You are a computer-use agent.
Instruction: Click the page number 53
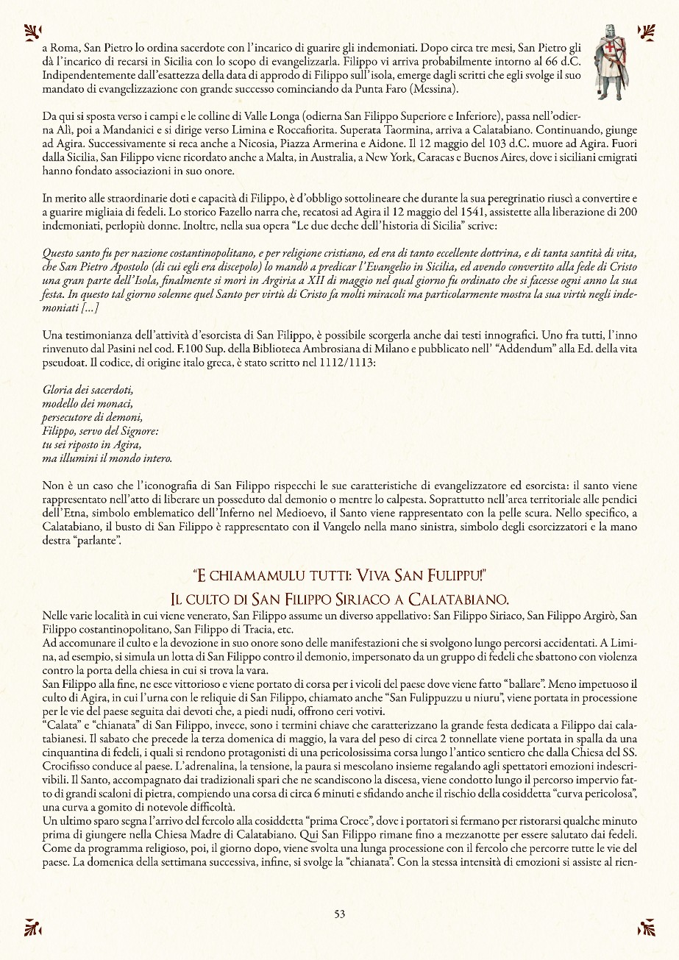coord(339,914)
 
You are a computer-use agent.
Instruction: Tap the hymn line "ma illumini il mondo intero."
coord(107,459)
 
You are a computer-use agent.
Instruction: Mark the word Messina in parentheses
coord(432,90)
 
